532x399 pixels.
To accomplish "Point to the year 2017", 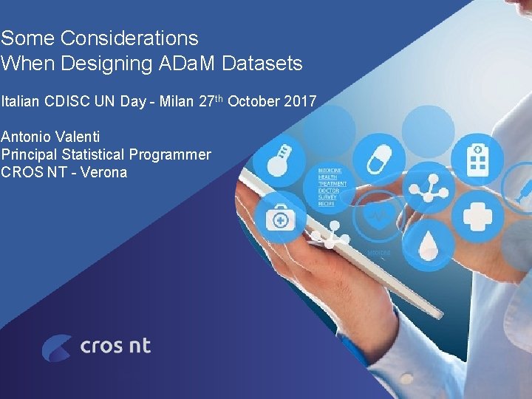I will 299,101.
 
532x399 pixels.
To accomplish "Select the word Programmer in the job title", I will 170,154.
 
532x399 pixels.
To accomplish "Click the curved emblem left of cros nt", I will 57,347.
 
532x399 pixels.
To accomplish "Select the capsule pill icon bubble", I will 377,157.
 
